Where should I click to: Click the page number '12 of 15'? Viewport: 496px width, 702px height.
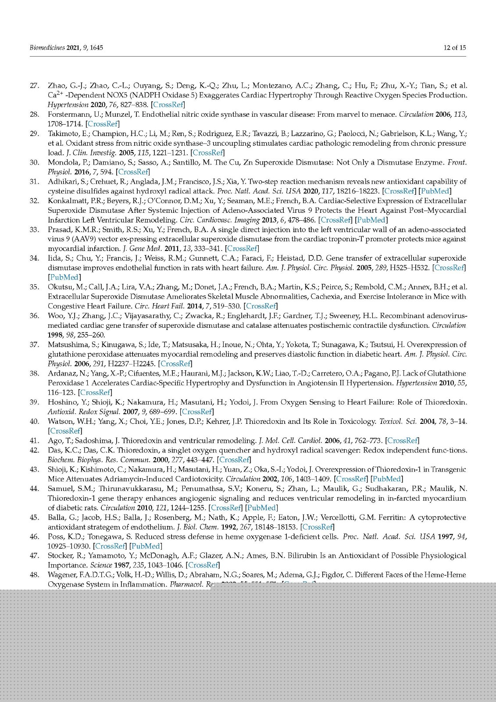point(454,47)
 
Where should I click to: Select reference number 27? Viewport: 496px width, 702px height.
point(35,86)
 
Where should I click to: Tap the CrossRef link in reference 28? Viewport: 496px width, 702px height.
point(103,124)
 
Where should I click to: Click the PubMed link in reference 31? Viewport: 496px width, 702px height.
point(435,191)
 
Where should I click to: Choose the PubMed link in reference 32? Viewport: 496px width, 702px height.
point(371,220)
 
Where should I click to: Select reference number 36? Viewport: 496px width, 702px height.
point(35,315)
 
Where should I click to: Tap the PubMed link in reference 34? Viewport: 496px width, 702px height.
point(64,277)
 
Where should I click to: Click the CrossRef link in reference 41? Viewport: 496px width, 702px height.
point(403,441)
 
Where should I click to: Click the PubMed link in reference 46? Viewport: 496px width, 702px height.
point(146,546)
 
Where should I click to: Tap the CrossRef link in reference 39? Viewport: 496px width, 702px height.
point(197,412)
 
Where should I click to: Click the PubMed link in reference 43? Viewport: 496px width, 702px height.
point(386,479)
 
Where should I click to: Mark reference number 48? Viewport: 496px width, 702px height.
point(35,575)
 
